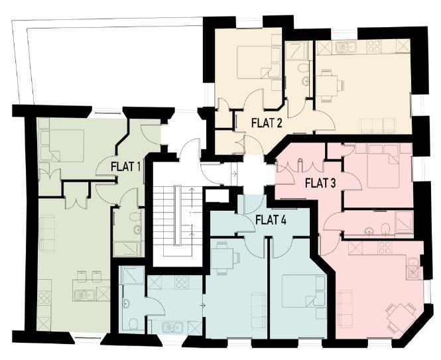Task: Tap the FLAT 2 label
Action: [267, 122]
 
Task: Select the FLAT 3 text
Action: [320, 183]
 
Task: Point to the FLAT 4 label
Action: [271, 220]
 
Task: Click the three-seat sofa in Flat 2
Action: [377, 125]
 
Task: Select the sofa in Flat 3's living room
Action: [346, 309]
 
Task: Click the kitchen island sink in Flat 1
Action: [84, 292]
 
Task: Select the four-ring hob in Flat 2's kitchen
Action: [373, 47]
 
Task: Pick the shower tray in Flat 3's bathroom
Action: [404, 223]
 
